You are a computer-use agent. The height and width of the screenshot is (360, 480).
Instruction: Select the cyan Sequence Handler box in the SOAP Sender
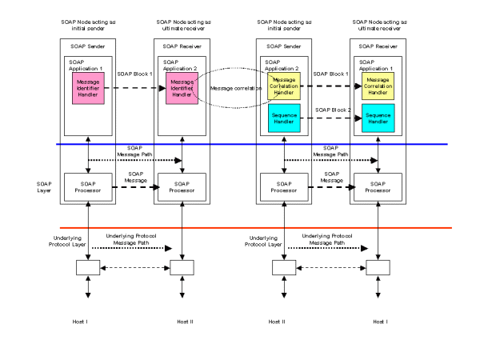point(282,118)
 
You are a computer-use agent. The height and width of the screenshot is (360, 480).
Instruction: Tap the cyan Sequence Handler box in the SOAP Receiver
point(377,118)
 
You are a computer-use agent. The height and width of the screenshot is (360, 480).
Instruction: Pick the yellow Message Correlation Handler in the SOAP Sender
point(282,86)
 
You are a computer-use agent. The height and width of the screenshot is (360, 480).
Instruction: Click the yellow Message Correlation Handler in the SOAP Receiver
point(377,86)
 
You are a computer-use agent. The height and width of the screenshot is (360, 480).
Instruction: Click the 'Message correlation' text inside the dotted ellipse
point(233,88)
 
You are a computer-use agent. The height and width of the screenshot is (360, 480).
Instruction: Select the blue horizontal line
point(240,145)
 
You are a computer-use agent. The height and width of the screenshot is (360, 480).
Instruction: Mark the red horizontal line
point(240,228)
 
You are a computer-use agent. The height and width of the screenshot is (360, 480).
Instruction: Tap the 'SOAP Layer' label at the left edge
point(46,186)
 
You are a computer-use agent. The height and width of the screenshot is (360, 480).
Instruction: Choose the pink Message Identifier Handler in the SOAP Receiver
point(182,89)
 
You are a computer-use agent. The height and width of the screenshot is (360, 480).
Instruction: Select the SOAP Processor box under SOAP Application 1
point(88,185)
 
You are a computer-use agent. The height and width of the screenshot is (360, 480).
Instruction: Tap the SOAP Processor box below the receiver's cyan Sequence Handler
point(377,185)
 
